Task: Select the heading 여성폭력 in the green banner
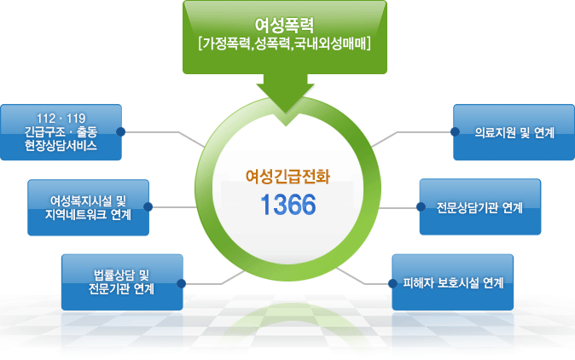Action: pos(287,22)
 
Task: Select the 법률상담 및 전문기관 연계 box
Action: pos(121,282)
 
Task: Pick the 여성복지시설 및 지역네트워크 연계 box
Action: pos(87,206)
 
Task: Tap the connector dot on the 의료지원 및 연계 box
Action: pos(453,132)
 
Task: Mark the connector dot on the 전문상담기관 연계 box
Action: pos(420,206)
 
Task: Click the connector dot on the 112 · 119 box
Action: pos(121,131)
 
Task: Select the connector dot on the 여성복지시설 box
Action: pos(148,206)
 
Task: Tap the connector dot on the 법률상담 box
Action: pos(181,282)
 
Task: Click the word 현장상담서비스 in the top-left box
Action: pos(61,146)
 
